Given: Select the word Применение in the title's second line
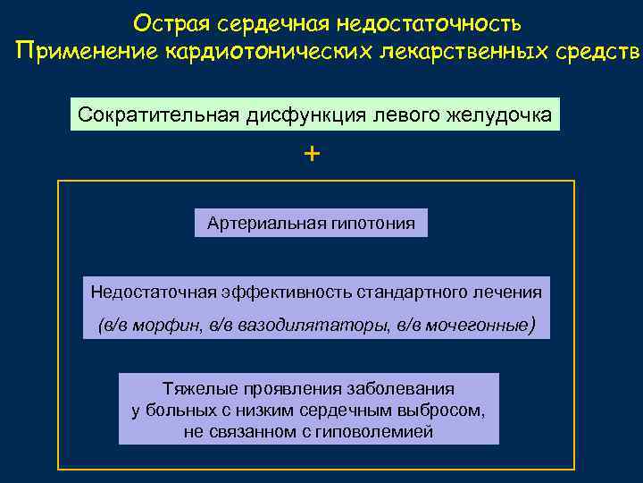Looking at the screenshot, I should click(87, 52).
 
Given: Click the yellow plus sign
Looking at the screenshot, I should click(311, 154).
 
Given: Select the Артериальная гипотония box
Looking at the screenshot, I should click(311, 223).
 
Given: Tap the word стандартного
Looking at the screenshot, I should click(403, 292).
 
